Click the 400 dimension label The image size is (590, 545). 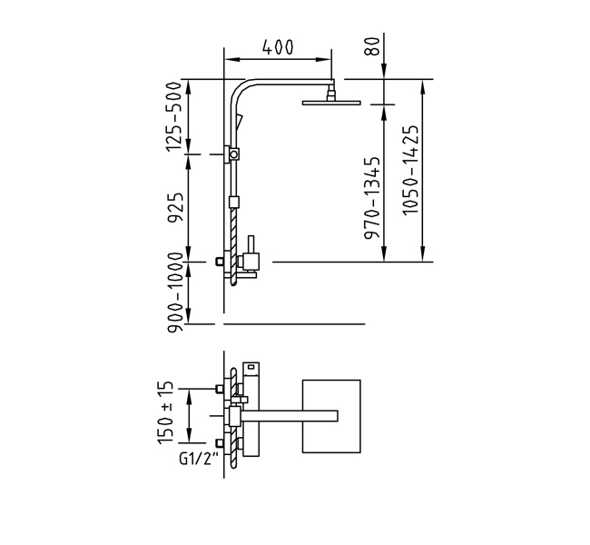point(278,47)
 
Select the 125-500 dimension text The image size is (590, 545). point(174,117)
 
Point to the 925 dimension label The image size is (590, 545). point(175,207)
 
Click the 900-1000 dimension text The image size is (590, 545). point(175,292)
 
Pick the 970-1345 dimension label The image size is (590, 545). point(372,198)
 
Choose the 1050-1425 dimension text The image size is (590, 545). point(410,170)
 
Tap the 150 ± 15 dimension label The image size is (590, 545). point(166,412)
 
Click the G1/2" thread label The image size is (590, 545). point(199,459)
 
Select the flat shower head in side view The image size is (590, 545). point(331,103)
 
